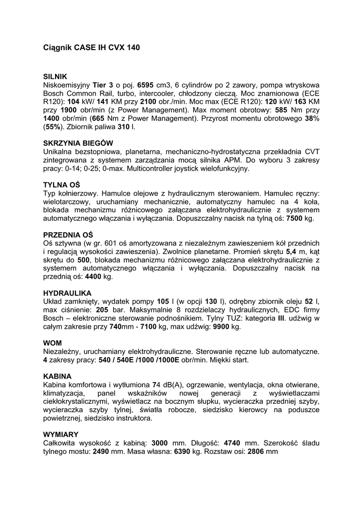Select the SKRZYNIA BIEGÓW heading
(78, 143)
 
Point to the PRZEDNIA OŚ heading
(68, 235)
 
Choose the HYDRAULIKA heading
(67, 293)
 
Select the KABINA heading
(57, 376)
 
